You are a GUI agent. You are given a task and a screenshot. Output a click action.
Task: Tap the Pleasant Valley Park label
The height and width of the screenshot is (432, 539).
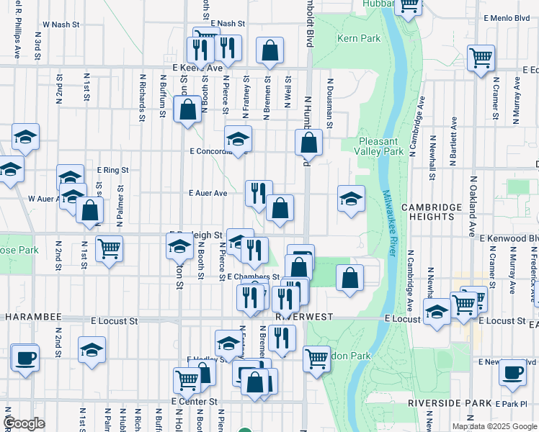pyautogui.click(x=381, y=147)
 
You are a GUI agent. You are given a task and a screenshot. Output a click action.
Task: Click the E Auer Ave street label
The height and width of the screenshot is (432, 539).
pyautogui.click(x=208, y=193)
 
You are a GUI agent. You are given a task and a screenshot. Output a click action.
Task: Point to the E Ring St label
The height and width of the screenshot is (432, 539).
pyautogui.click(x=112, y=170)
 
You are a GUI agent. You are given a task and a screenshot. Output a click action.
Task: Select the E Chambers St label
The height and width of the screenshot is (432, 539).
pyautogui.click(x=253, y=276)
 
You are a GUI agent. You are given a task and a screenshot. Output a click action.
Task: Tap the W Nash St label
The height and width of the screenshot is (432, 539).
pyautogui.click(x=60, y=24)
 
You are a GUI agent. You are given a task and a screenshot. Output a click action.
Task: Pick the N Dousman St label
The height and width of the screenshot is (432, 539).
pyautogui.click(x=329, y=104)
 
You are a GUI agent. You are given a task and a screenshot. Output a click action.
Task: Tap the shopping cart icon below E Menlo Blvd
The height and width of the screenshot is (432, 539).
pyautogui.click(x=481, y=57)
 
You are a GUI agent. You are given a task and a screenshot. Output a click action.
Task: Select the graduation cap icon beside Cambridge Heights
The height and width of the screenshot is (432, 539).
pyautogui.click(x=351, y=198)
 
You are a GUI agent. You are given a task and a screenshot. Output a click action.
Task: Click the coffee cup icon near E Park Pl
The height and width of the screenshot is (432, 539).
pyautogui.click(x=512, y=372)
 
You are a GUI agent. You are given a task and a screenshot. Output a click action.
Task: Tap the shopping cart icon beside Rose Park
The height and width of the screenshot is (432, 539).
pyautogui.click(x=109, y=249)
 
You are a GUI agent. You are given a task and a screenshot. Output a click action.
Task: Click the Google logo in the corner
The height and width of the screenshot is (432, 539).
pyautogui.click(x=24, y=423)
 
